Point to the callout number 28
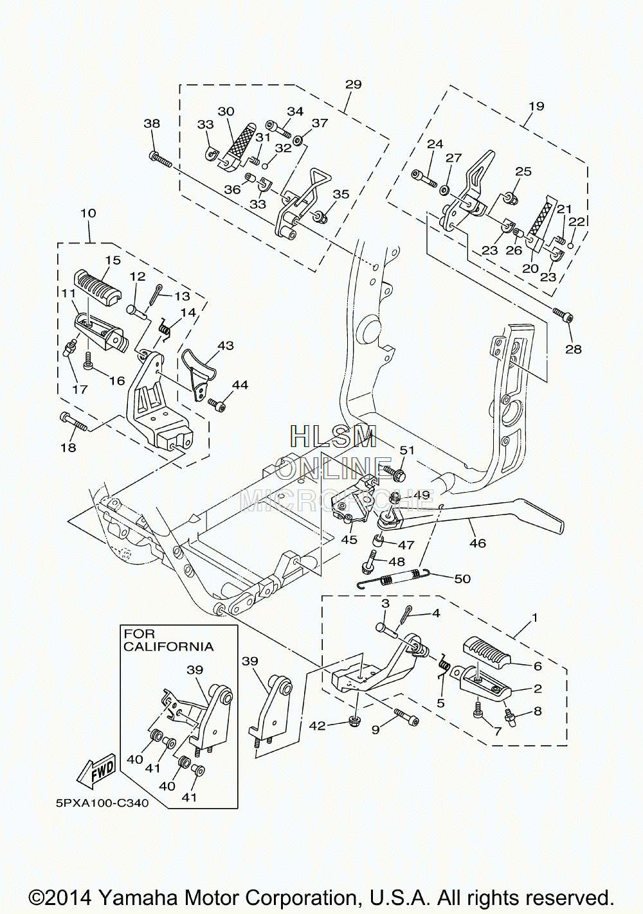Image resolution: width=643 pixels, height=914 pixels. point(573,349)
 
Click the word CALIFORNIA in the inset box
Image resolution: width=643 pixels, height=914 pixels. point(168,647)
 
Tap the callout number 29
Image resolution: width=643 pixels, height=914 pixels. point(353,84)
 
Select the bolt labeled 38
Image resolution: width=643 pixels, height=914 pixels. point(159,160)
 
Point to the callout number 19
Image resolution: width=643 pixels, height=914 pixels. point(536,106)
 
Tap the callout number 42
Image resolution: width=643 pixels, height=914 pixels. point(317,726)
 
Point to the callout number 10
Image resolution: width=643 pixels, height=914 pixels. point(88,213)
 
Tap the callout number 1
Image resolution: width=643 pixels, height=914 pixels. point(534,617)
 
